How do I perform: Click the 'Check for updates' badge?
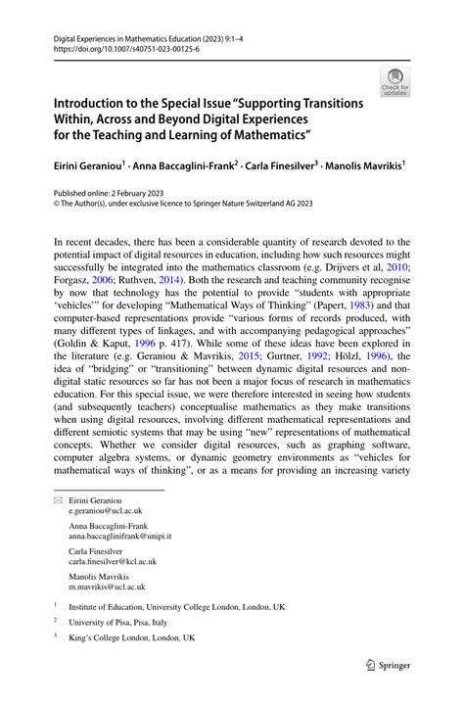pos(395,81)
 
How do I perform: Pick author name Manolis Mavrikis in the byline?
pos(360,166)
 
